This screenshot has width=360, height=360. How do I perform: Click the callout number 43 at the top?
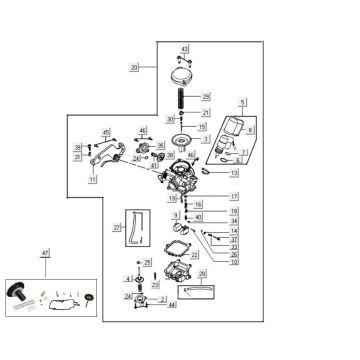pyautogui.click(x=184, y=48)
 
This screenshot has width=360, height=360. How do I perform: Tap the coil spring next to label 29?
pyautogui.click(x=183, y=98)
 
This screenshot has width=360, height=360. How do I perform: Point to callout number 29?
pyautogui.click(x=206, y=97)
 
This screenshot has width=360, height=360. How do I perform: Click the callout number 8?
pyautogui.click(x=249, y=131)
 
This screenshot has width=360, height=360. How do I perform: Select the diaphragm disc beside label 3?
pyautogui.click(x=181, y=139)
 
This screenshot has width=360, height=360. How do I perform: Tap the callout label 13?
pyautogui.click(x=234, y=174)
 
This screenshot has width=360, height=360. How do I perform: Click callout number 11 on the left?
pyautogui.click(x=120, y=180)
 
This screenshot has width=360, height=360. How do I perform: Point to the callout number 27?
pyautogui.click(x=116, y=228)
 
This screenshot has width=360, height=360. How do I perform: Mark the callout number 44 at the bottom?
pyautogui.click(x=172, y=304)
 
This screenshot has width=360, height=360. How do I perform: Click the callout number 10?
pyautogui.click(x=234, y=262)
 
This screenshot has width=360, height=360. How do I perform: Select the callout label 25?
pyautogui.click(x=148, y=262)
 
